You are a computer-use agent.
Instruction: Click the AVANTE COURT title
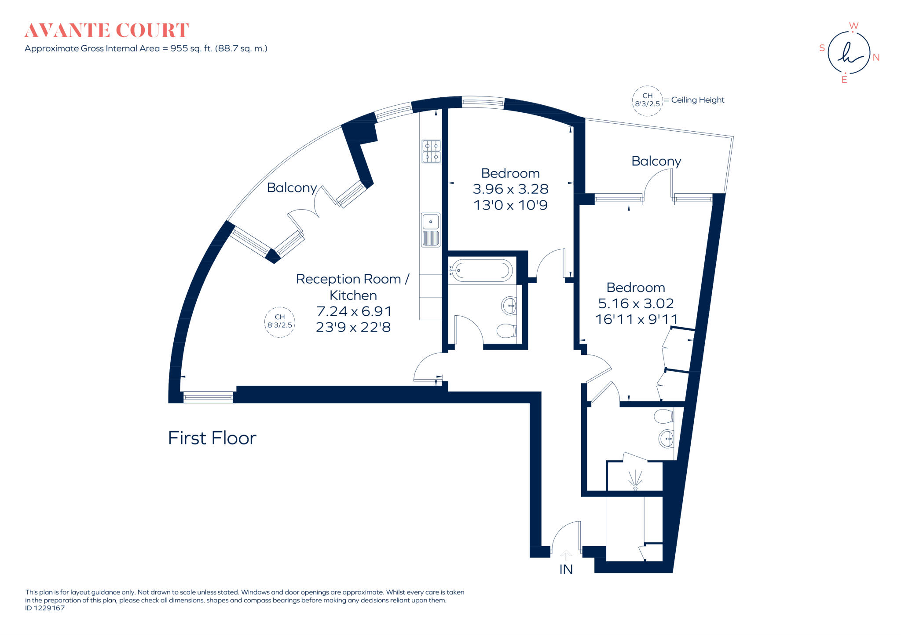[106, 30]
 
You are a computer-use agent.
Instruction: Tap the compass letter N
[876, 58]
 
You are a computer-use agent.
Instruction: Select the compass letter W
[853, 26]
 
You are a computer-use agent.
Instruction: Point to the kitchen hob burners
[431, 151]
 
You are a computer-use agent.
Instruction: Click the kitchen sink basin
[431, 222]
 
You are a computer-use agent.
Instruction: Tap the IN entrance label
[566, 570]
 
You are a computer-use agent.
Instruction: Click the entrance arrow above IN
[566, 555]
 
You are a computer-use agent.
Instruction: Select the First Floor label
[212, 438]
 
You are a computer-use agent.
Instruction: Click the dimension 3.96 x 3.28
[510, 189]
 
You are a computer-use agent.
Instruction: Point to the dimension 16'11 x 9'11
[636, 319]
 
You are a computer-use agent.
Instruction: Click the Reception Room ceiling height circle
[280, 322]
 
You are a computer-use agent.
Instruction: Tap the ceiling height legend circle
[647, 101]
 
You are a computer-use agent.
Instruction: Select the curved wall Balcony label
[292, 188]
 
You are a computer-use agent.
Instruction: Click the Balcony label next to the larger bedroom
[656, 161]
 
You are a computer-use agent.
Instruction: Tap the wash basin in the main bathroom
[509, 305]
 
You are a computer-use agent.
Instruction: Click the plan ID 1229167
[45, 608]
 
